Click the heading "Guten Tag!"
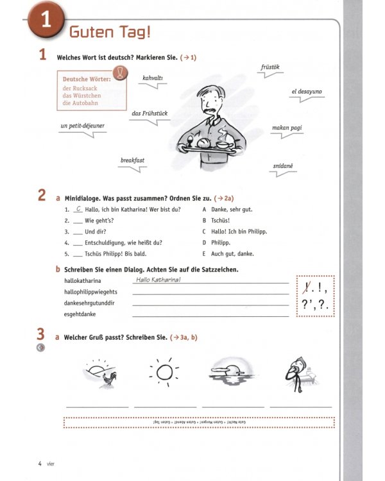click(110, 31)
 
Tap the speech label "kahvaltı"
click(153, 78)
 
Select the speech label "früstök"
click(270, 67)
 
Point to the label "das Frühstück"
click(150, 114)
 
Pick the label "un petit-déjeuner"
click(82, 126)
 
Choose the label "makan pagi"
click(287, 128)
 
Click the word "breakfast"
click(133, 160)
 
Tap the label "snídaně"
click(282, 165)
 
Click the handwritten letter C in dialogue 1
click(78, 209)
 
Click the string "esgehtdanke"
click(80, 314)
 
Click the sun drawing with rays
click(164, 372)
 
